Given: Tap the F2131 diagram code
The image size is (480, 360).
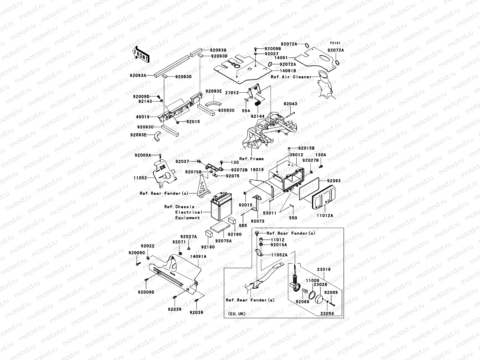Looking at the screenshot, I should [336, 43].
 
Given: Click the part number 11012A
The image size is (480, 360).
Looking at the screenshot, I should [325, 215].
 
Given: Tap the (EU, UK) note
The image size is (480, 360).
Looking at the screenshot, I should [236, 314].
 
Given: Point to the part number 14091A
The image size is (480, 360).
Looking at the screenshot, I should [198, 256].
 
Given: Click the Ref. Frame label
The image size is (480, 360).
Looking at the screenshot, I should [251, 159].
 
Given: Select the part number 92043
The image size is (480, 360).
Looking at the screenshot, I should [290, 104].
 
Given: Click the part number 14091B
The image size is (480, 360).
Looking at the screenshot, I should [288, 71].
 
